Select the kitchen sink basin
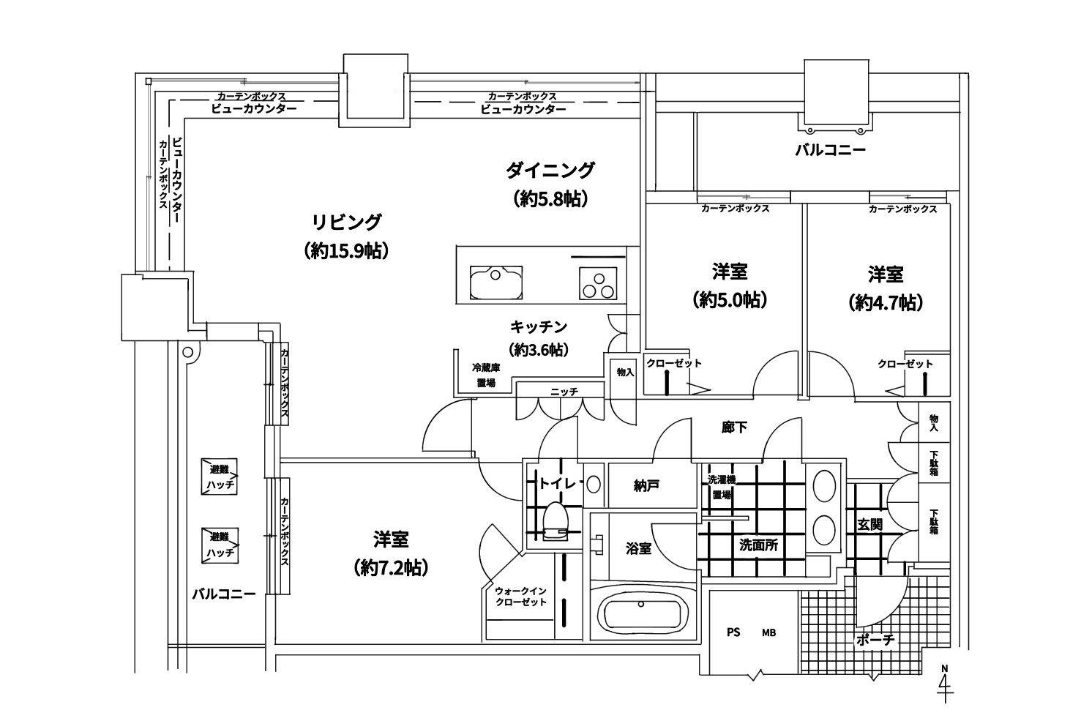coord(496,282)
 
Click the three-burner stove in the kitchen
coord(599,283)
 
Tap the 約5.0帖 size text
coord(729,301)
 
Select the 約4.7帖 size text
coord(886,302)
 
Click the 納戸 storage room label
coord(647,485)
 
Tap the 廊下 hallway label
coord(734,427)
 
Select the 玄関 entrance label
coord(870,524)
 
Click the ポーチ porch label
coord(875,639)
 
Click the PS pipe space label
coord(733,632)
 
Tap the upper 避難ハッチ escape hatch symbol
coord(220,477)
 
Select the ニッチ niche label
coord(564,392)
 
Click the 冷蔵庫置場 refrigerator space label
coord(485,376)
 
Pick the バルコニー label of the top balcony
coord(830,151)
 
